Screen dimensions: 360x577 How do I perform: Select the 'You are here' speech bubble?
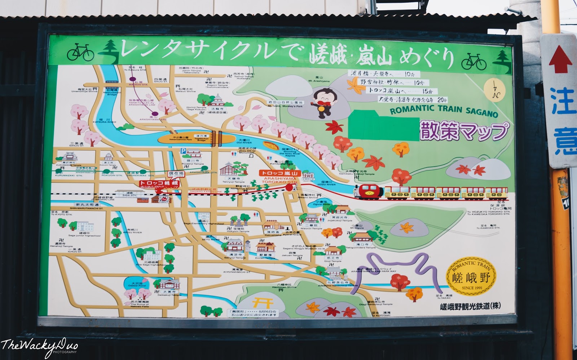click(176, 174)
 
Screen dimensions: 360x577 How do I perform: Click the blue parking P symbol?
click(183, 151)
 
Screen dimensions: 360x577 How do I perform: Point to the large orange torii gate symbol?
click(263, 303)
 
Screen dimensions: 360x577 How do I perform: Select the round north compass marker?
click(494, 91)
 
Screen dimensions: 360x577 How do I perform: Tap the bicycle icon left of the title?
click(80, 53)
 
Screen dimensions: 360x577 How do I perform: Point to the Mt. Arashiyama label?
click(319, 79)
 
